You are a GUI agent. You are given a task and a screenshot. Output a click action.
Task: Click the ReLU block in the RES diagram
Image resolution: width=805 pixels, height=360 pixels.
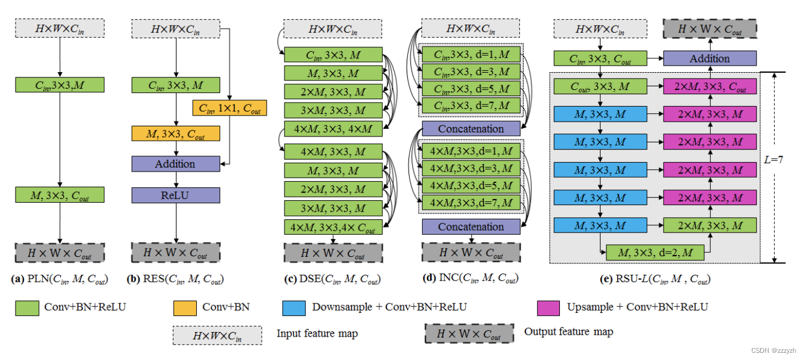coord(175,195)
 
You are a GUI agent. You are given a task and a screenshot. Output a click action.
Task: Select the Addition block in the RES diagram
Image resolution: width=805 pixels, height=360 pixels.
coord(175,164)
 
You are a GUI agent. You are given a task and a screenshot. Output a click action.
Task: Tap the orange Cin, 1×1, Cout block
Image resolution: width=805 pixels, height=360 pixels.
coord(230,108)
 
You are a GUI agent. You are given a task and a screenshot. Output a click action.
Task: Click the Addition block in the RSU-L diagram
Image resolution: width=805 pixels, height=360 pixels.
coord(710,58)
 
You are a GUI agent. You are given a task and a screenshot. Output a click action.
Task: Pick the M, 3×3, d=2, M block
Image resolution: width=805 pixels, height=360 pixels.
coord(655,253)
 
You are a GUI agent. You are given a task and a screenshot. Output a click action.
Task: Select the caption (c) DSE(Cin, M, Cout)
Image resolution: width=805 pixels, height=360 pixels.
coord(332,278)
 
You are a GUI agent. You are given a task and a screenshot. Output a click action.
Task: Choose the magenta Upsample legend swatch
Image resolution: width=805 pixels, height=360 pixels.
coord(548,308)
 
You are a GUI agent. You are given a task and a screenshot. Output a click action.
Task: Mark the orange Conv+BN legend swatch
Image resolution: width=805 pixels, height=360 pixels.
coord(185,308)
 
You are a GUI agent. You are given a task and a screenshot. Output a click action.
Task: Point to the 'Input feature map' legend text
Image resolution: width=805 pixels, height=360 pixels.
coord(317,334)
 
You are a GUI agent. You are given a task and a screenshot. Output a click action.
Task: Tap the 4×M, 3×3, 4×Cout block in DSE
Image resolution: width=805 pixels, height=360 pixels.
coord(333,227)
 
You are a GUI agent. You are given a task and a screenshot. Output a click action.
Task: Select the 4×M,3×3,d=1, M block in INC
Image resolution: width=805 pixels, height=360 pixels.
coord(471,151)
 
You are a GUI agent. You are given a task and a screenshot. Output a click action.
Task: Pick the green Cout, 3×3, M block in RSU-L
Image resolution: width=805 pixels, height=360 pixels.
coord(600,87)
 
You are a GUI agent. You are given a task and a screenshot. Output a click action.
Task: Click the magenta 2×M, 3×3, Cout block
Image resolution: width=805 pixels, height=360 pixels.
coord(710,87)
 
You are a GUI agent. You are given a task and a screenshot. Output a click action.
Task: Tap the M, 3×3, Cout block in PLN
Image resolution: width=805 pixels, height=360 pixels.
coord(60,195)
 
